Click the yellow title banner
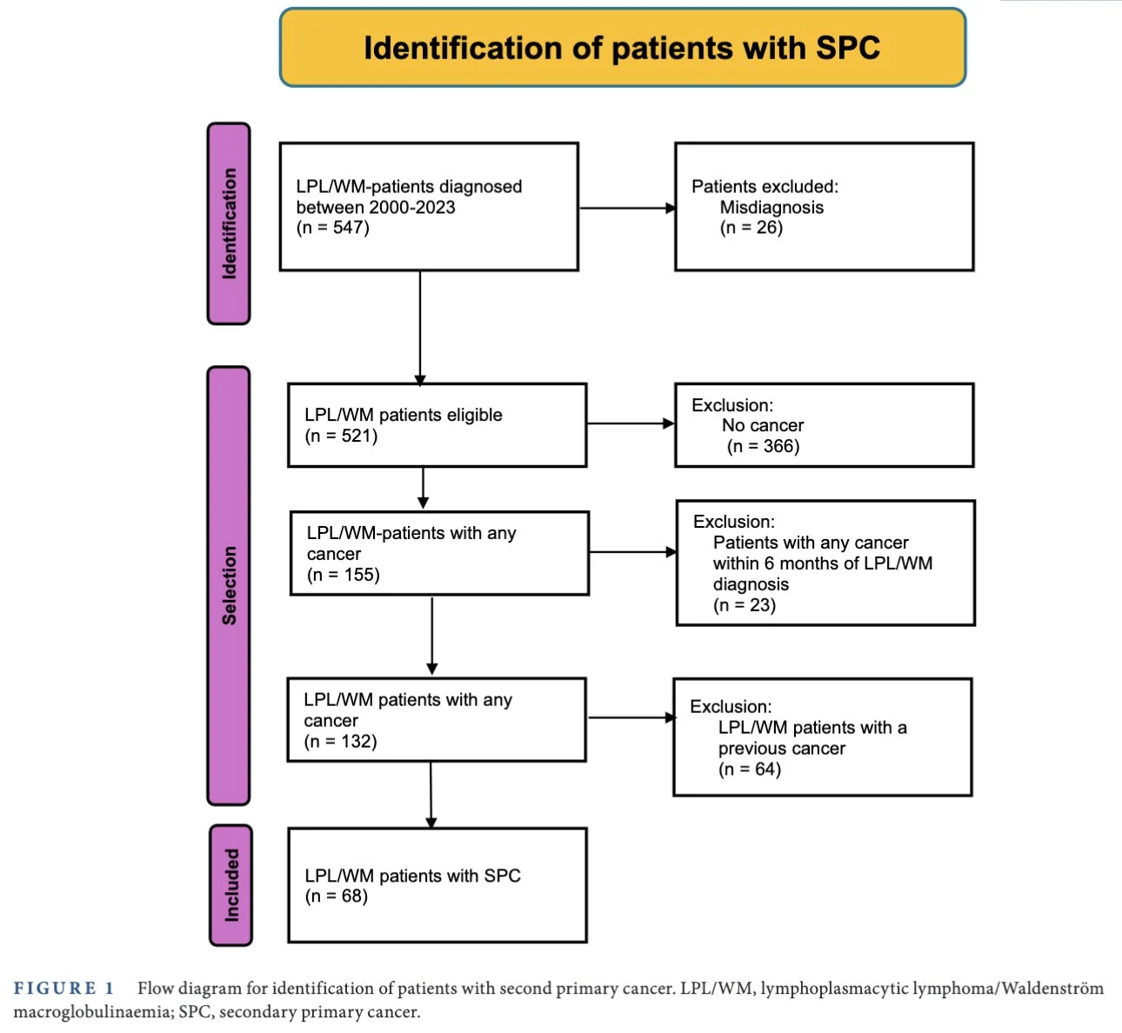click(x=623, y=48)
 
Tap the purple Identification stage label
click(x=229, y=223)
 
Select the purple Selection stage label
click(x=229, y=585)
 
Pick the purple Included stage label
click(x=231, y=885)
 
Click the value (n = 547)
click(x=333, y=228)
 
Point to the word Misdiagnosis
click(x=771, y=208)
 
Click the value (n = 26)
click(x=751, y=228)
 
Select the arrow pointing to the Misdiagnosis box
click(x=627, y=208)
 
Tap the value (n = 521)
click(x=341, y=436)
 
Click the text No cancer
click(x=763, y=425)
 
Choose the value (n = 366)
click(x=764, y=446)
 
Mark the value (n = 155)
click(x=344, y=575)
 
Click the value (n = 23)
click(x=745, y=605)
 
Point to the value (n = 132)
click(x=341, y=742)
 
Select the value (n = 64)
click(x=750, y=770)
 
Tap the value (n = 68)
click(x=336, y=896)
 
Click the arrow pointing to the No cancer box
click(x=631, y=423)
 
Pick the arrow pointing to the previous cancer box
click(x=631, y=717)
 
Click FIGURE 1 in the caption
click(x=63, y=989)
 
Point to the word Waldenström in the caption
click(x=1052, y=989)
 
